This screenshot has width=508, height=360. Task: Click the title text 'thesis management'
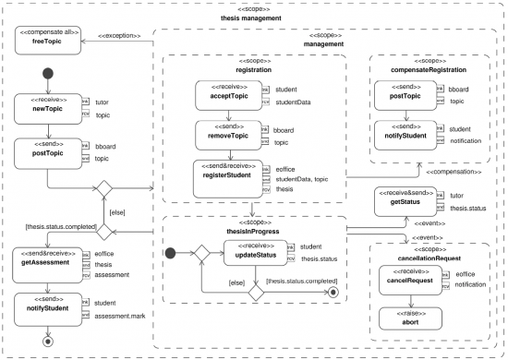point(255,18)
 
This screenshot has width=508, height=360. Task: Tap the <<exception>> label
point(121,36)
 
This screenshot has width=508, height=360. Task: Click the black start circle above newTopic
point(49,75)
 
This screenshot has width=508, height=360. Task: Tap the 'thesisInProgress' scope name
point(254,231)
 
